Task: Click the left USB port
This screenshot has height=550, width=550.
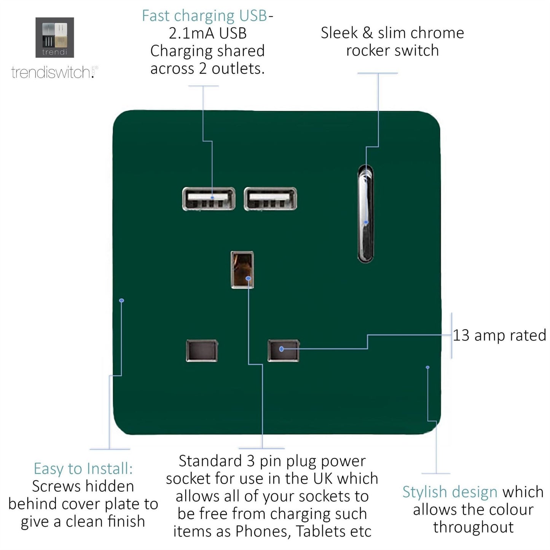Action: coord(209,199)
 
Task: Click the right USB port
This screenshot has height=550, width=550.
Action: coord(270,199)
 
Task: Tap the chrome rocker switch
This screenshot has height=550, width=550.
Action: coord(365,214)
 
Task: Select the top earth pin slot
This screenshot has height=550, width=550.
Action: coord(242,269)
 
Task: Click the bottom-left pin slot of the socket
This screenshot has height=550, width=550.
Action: coord(202,350)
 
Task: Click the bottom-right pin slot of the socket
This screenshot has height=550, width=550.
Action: coord(283,350)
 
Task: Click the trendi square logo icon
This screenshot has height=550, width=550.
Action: coord(54,37)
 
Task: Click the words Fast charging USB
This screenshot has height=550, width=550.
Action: coord(204,16)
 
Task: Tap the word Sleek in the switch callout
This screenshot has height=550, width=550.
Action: coord(339,33)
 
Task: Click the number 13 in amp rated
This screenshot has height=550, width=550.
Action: coord(461,335)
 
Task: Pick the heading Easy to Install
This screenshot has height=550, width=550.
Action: coord(83,469)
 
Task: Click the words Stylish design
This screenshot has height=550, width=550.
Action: coord(450,492)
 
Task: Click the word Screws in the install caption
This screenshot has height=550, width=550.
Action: coord(56,486)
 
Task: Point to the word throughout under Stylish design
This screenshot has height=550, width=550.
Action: coord(473,527)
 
